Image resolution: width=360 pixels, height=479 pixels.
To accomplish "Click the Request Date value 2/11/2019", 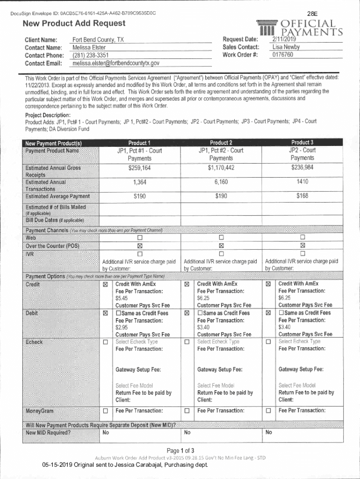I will (x=282, y=39).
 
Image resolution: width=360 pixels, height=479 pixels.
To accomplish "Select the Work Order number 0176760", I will (x=282, y=55).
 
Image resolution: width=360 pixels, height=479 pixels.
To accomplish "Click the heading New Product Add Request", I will (x=74, y=23).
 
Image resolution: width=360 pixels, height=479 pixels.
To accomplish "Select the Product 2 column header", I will (x=221, y=143).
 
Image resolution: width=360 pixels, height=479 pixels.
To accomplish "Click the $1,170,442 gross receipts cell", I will (x=221, y=168).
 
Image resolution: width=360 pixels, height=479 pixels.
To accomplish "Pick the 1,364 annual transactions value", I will (x=139, y=182).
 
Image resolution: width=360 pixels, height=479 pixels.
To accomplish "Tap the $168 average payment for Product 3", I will (x=302, y=196).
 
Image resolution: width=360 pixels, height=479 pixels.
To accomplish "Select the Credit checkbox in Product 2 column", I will (x=187, y=284).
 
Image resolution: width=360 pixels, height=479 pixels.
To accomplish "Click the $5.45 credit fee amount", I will (x=122, y=298).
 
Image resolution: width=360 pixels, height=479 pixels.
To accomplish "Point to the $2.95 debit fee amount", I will (x=122, y=327).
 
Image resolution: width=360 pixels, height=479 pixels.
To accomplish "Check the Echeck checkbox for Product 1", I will (x=105, y=342).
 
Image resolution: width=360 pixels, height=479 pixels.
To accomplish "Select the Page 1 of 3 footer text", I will (x=180, y=450).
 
